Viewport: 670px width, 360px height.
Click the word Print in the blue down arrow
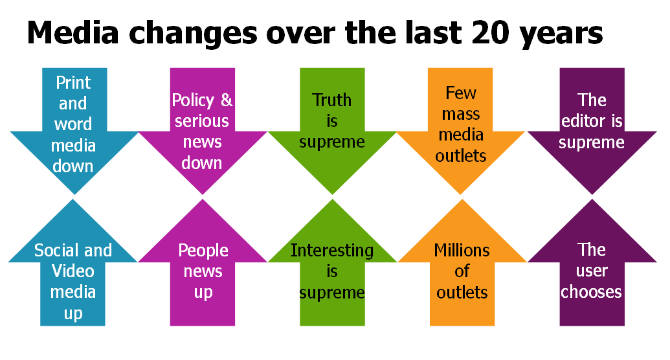73,83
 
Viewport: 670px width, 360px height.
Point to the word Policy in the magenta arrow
193,100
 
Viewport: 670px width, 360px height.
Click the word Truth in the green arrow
332,100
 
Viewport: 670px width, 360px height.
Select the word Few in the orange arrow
461,93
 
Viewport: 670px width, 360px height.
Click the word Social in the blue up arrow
54,251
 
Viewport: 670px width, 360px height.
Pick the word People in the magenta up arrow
203,251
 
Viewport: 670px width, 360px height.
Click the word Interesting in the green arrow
332,251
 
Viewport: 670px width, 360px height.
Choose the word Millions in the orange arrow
462,251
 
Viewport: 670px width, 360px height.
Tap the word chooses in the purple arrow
591,292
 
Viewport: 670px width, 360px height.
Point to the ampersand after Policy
226,100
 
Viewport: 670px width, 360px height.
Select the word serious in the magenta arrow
202,121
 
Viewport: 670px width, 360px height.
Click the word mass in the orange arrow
461,114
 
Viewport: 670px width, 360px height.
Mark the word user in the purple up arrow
592,271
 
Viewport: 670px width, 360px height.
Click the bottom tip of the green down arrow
332,193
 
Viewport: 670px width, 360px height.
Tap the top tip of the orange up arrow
462,200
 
